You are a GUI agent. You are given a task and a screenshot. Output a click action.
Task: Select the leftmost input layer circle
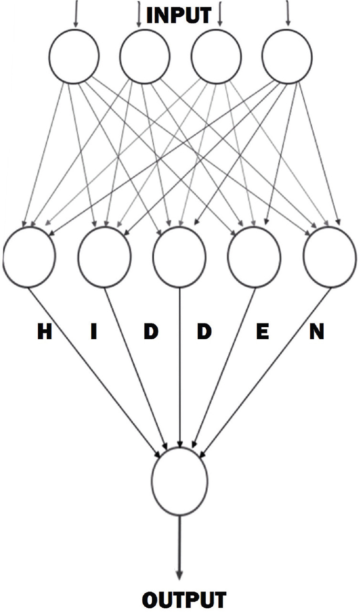[74, 56]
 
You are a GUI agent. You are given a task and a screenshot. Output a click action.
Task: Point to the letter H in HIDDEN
[44, 332]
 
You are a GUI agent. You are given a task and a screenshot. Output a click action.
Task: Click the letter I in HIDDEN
[94, 332]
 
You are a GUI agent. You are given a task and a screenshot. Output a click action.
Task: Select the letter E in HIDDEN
[262, 332]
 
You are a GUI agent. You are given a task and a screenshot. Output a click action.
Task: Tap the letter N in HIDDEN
[316, 332]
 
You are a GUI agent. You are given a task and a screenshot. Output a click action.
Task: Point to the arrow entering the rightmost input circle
[287, 13]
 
